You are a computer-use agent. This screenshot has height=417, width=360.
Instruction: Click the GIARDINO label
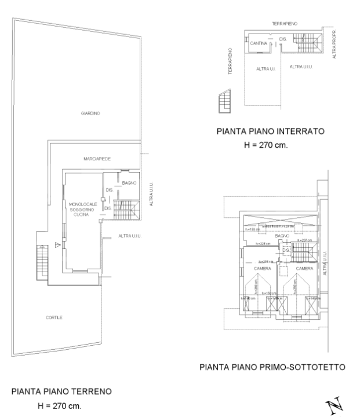[x=90, y=114]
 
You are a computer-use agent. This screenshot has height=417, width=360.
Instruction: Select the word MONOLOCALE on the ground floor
[x=82, y=204]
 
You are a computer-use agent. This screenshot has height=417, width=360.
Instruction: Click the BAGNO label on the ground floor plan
[x=129, y=183]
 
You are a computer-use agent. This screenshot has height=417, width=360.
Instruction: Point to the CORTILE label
[x=54, y=318]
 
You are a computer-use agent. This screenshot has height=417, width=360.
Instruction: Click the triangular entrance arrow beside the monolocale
[x=57, y=246]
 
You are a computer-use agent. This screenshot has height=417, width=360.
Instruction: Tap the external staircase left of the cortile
[x=42, y=260]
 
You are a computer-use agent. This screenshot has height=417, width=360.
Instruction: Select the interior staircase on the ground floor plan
[x=125, y=209]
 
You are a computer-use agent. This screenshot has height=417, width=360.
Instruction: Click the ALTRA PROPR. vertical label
[x=334, y=45]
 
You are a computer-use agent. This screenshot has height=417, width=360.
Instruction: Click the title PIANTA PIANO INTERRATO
[x=270, y=131]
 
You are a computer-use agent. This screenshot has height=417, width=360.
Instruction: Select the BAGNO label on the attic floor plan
[x=282, y=236]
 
